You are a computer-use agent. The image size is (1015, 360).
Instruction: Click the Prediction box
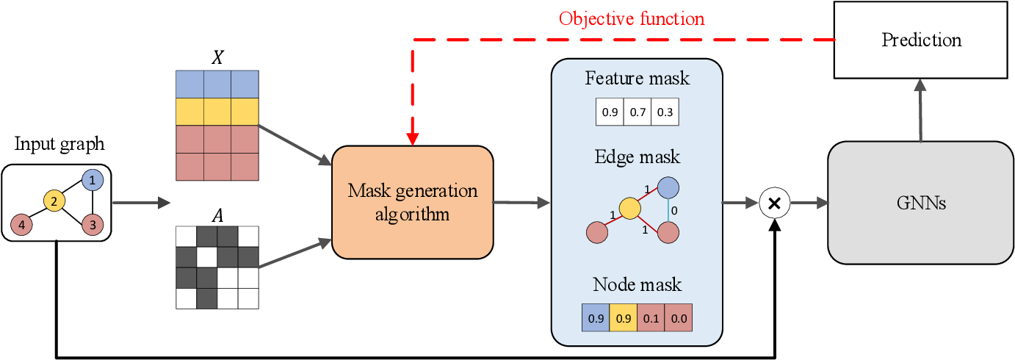pyautogui.click(x=922, y=40)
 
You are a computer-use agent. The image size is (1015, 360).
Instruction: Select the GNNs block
pyautogui.click(x=921, y=202)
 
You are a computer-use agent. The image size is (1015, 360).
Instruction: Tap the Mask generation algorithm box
pyautogui.click(x=412, y=202)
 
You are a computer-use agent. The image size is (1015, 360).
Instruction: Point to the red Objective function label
pyautogui.click(x=631, y=18)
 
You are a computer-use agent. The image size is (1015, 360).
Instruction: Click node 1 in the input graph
pyautogui.click(x=92, y=179)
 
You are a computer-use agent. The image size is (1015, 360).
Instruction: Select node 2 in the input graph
pyautogui.click(x=53, y=200)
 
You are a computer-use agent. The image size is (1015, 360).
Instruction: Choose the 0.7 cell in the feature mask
pyautogui.click(x=637, y=112)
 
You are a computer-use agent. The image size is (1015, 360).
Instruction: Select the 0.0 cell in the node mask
pyautogui.click(x=679, y=319)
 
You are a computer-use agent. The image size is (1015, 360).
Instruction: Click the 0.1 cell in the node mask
pyautogui.click(x=651, y=319)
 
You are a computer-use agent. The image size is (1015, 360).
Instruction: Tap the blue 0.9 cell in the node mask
pyautogui.click(x=595, y=319)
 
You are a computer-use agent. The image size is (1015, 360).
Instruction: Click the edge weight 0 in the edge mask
pyautogui.click(x=676, y=209)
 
